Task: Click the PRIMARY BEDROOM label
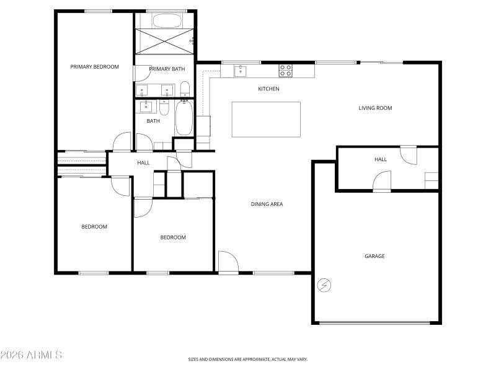[x=94, y=67]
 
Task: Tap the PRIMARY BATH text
[x=167, y=69]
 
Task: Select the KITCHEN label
[x=268, y=89]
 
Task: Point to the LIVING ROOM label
[x=375, y=108]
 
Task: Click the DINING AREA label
[x=267, y=204]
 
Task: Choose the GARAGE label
[x=374, y=256]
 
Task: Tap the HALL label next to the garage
[x=380, y=159]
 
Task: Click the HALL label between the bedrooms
[x=143, y=163]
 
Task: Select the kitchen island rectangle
[x=266, y=119]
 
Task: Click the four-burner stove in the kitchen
[x=285, y=70]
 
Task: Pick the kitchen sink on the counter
[x=240, y=71]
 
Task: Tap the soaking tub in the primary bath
[x=165, y=20]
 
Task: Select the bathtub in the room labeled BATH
[x=184, y=118]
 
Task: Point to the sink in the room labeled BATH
[x=146, y=106]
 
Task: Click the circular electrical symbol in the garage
[x=324, y=285]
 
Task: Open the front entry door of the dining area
[x=228, y=262]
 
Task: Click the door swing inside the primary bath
[x=142, y=73]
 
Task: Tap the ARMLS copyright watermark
[x=31, y=355]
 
